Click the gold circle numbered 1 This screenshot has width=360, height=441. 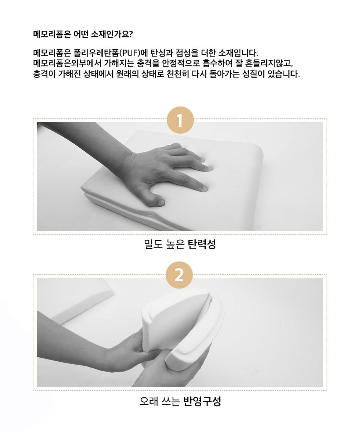[x=180, y=120]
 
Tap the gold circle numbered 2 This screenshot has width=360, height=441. [x=179, y=275]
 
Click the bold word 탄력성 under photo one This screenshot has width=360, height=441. [x=202, y=244]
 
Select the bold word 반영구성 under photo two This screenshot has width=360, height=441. [x=202, y=401]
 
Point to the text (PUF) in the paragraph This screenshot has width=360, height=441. [x=130, y=53]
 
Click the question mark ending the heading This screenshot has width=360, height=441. [x=131, y=34]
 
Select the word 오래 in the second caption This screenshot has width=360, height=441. [x=149, y=401]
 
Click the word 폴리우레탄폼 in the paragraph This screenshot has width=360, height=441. [x=97, y=53]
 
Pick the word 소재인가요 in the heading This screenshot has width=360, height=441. [x=109, y=34]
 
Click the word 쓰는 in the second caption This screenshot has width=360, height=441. [x=170, y=401]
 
